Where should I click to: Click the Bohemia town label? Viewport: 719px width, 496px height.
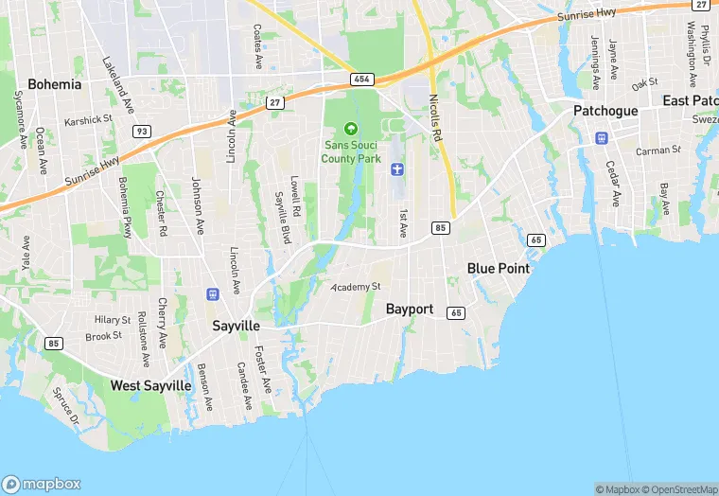(x=54, y=84)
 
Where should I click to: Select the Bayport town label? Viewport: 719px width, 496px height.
(x=410, y=310)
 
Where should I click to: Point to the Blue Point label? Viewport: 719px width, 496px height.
(x=499, y=269)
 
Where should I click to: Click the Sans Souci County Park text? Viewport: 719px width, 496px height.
(x=351, y=151)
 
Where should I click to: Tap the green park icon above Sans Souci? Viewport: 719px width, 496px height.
(x=351, y=129)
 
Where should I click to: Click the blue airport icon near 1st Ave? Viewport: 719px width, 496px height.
(x=397, y=169)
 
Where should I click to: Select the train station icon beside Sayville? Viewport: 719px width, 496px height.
(x=212, y=294)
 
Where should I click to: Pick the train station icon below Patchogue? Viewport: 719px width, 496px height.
(x=600, y=138)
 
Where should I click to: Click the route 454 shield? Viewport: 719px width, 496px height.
(x=361, y=80)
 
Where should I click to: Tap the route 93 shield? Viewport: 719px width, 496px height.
(x=141, y=131)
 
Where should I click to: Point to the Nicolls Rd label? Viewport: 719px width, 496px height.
(x=435, y=117)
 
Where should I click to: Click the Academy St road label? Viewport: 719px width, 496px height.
(x=356, y=287)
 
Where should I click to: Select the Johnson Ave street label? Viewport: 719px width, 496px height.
(x=198, y=204)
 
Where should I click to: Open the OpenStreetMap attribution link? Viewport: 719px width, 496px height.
(x=679, y=489)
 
